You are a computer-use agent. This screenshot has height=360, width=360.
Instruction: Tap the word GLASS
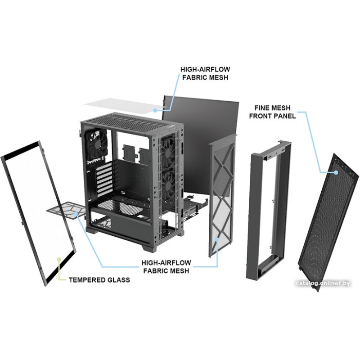117,280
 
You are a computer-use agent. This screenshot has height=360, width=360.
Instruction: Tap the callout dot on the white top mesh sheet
155,109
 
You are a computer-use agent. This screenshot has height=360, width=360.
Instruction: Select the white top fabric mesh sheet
121,106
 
